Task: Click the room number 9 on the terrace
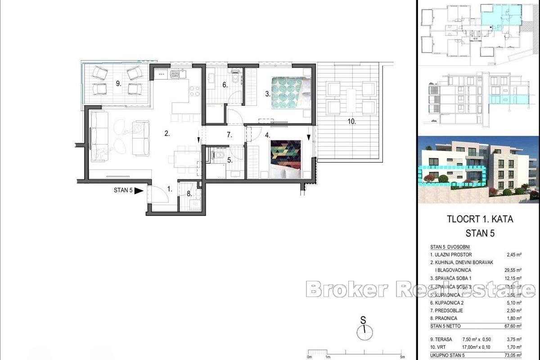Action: click(x=118, y=83)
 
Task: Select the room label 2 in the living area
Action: click(x=166, y=133)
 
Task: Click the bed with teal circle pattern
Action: click(x=291, y=93)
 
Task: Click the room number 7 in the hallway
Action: click(x=229, y=135)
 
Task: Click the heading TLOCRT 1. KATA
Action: click(x=480, y=220)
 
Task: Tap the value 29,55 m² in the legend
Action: click(x=513, y=270)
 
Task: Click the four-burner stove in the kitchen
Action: click(x=194, y=91)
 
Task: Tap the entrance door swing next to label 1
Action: click(x=156, y=194)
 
